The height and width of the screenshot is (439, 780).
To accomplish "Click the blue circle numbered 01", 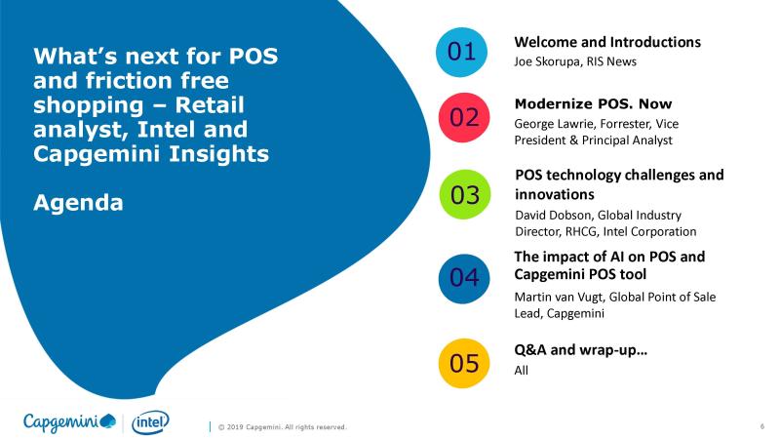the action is [461, 53].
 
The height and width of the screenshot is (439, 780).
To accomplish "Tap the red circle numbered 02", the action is [464, 117].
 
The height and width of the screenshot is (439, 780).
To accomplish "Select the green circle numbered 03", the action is [465, 194].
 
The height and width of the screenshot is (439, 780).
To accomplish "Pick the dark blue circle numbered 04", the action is [464, 279].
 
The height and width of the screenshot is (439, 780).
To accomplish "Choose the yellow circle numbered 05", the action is [464, 363].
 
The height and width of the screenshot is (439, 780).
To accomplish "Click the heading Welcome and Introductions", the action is [607, 42].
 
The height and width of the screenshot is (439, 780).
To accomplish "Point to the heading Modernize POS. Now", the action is [593, 104].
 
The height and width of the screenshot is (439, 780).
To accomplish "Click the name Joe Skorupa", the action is [547, 61].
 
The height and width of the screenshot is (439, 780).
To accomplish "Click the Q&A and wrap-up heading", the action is [580, 350].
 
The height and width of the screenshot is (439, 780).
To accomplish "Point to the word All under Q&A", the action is [521, 371].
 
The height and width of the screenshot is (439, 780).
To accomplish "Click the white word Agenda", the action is [78, 203].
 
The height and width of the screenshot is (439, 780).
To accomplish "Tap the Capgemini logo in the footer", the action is [69, 422].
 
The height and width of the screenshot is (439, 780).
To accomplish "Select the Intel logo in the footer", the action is [150, 422].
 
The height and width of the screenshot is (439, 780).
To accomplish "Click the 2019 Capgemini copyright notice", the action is [282, 427].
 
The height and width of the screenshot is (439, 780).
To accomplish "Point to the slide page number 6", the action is [762, 426].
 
